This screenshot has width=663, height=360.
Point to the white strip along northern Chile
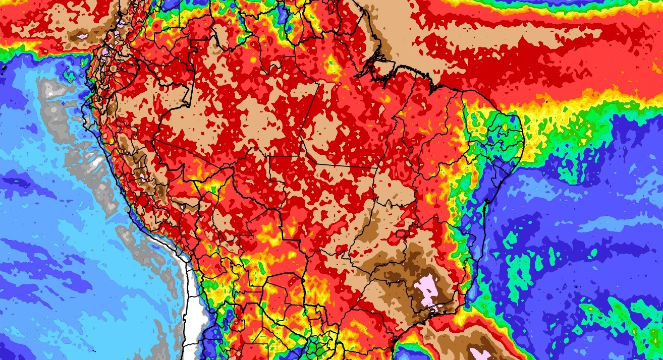(x=191, y=303)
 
